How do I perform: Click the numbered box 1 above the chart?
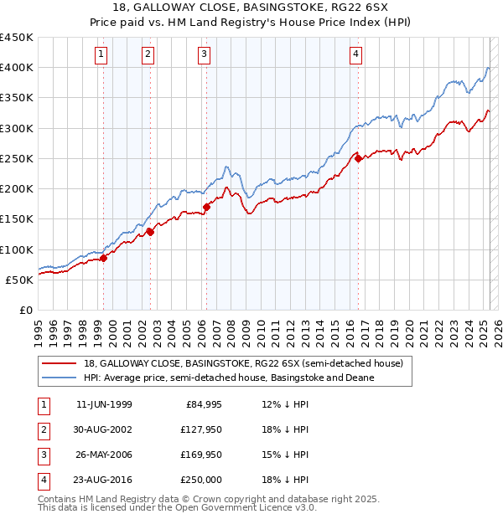point(101,54)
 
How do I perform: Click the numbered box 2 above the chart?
point(148,54)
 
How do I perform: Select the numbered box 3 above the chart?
point(205,54)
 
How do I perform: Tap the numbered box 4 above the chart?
point(356,54)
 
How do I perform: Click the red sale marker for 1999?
point(104,259)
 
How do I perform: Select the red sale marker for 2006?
point(206,207)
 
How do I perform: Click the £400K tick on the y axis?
point(17,68)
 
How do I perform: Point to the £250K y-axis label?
point(17,158)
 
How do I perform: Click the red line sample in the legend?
point(60,363)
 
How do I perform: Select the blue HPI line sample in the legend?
point(60,378)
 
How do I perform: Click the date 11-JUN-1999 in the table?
point(104,405)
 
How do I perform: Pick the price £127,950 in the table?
point(200,429)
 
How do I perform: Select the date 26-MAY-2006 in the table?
point(104,455)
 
